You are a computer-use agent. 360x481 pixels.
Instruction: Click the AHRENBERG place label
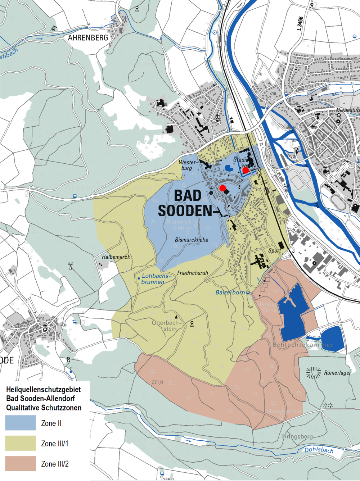(88, 38)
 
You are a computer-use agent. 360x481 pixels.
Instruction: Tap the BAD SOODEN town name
(186, 203)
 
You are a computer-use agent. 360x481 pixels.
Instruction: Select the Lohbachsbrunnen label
(155, 279)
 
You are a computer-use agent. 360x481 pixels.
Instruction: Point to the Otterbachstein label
(166, 326)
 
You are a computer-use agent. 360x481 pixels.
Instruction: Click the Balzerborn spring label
(230, 292)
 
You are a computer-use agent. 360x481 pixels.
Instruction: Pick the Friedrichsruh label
(193, 273)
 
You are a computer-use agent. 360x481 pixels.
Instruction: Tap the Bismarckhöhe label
(192, 240)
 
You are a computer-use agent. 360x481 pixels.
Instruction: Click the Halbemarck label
(116, 257)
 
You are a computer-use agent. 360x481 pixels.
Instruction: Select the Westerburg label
(188, 165)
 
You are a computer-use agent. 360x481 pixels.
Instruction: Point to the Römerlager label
(337, 373)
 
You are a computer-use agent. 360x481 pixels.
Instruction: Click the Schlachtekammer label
(303, 345)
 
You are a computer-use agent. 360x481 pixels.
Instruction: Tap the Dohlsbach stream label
(319, 450)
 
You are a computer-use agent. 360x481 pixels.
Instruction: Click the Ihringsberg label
(297, 436)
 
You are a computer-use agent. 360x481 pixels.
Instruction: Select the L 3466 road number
(300, 23)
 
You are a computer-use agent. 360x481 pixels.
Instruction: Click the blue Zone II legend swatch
(21, 423)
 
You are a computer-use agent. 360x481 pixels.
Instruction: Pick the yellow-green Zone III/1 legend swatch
(21, 443)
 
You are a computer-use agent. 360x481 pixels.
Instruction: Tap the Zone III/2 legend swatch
(21, 464)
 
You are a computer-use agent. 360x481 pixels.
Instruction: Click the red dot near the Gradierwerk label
(246, 170)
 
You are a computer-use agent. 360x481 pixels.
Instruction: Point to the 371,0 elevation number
(157, 382)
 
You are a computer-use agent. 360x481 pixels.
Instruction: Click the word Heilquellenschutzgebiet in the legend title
(43, 389)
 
